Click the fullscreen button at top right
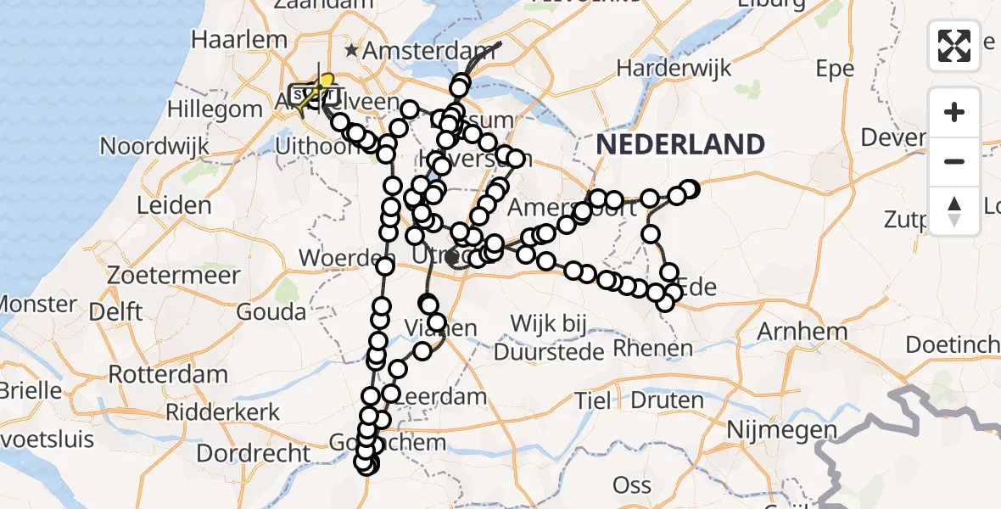(x=954, y=45)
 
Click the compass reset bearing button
(x=954, y=211)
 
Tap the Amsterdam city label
(x=421, y=51)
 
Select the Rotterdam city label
(x=168, y=374)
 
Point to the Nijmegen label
(x=783, y=430)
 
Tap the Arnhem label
(x=802, y=331)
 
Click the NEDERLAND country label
(x=680, y=144)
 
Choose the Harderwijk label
(x=674, y=69)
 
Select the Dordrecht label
(x=254, y=453)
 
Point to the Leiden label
(x=174, y=205)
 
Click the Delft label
(x=115, y=311)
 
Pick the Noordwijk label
(x=154, y=146)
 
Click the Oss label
(x=632, y=485)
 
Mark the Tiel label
(x=593, y=400)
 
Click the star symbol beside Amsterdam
(x=351, y=51)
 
